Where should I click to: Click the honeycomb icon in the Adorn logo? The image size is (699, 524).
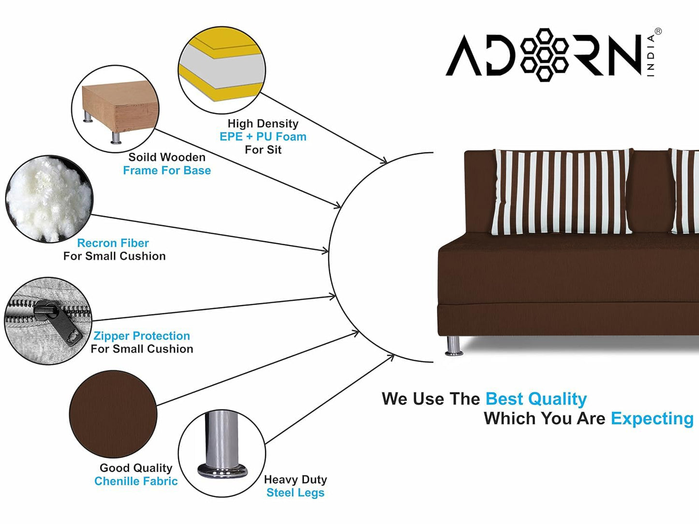pos(545,55)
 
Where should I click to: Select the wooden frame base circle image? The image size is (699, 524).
pos(115,108)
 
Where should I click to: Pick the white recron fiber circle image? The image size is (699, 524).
pos(48,199)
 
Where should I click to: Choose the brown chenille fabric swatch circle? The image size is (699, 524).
pos(113,414)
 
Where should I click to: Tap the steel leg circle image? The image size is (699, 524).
pos(222,454)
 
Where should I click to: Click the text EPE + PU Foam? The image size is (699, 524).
pos(263,137)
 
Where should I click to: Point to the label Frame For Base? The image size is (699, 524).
pos(167,171)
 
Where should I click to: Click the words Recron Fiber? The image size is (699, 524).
pos(113,243)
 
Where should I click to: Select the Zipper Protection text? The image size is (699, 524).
pos(141,336)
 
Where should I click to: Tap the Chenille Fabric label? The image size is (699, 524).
pos(136,481)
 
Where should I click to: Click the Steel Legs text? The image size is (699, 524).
pos(295,493)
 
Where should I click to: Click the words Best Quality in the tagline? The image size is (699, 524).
pos(535,399)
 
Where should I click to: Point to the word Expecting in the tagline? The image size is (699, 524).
pos(652,419)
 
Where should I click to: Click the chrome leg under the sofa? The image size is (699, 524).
pos(453,346)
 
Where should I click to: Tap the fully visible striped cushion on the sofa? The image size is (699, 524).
pos(561,192)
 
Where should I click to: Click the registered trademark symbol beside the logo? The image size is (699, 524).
pos(658,31)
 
